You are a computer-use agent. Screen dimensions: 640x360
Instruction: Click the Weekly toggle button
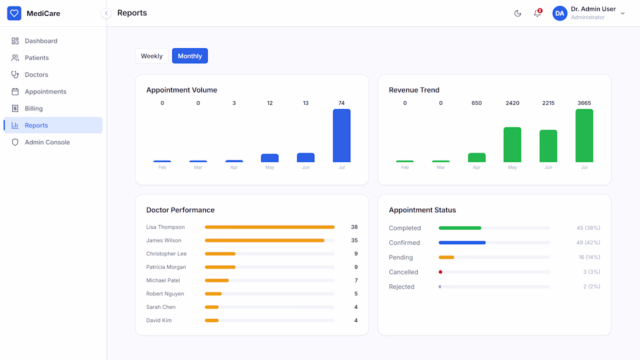[151, 56]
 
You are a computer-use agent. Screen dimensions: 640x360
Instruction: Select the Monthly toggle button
[190, 56]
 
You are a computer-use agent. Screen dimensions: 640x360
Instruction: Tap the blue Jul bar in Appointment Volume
[342, 136]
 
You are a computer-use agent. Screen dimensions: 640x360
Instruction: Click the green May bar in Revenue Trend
[512, 144]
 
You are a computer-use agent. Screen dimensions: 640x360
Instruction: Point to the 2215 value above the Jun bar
[548, 103]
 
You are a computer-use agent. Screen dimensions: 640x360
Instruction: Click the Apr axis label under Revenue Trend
[477, 167]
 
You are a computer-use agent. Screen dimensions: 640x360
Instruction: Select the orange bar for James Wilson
[265, 240]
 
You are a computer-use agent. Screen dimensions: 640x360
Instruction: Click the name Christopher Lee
[166, 254]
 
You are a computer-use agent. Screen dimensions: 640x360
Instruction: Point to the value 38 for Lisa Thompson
[354, 227]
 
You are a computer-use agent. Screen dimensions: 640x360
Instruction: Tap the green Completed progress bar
[460, 228]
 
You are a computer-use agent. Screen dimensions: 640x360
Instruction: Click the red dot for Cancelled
[440, 272]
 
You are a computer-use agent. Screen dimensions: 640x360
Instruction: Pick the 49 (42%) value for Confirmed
[588, 243]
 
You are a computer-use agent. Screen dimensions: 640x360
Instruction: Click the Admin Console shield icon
[15, 142]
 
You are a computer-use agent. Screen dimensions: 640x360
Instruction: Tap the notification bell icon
[538, 13]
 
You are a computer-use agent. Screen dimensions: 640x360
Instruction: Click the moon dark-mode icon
[518, 13]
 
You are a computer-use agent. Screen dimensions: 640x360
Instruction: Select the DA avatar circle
[560, 13]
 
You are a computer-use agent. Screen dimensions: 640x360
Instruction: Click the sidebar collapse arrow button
[106, 13]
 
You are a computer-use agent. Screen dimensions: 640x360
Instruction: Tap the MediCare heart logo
[15, 13]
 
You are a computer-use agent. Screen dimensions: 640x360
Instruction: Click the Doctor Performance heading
[180, 210]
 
